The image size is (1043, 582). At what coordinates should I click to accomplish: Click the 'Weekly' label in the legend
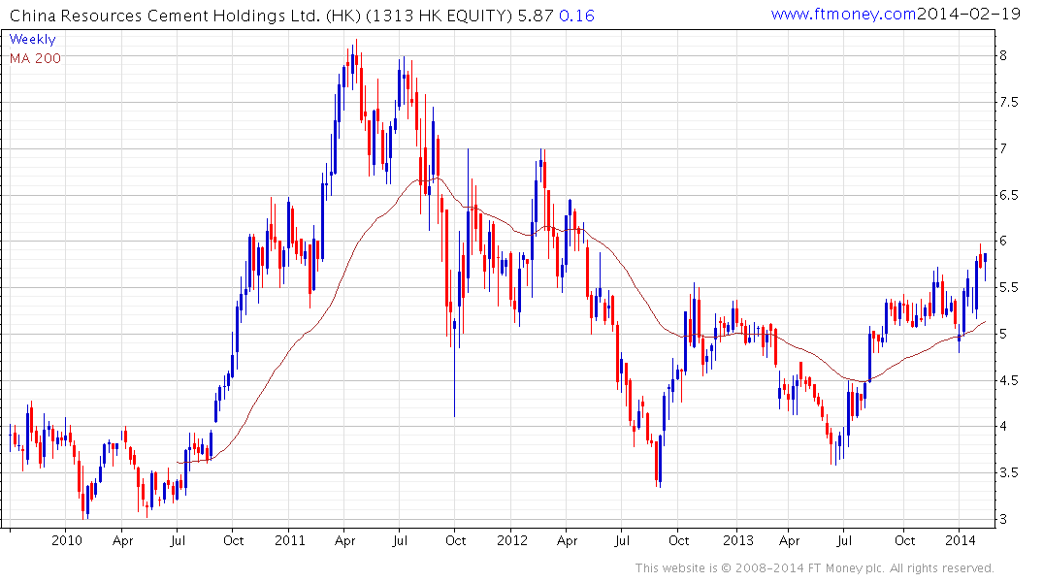[32, 40]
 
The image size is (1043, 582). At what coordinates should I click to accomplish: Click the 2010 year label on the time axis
[66, 540]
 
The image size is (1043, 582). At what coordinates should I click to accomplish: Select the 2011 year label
[290, 540]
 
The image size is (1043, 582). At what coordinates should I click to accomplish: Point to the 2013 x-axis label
[737, 540]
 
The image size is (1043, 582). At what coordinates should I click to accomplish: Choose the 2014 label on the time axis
[961, 540]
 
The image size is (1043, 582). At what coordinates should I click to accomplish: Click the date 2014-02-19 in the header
[963, 15]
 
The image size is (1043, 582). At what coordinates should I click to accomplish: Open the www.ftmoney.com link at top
[843, 15]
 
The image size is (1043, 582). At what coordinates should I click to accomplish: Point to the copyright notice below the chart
[815, 567]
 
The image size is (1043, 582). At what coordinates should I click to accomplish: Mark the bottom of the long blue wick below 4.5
[454, 416]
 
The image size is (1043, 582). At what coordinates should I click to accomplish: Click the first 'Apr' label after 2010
[122, 540]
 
